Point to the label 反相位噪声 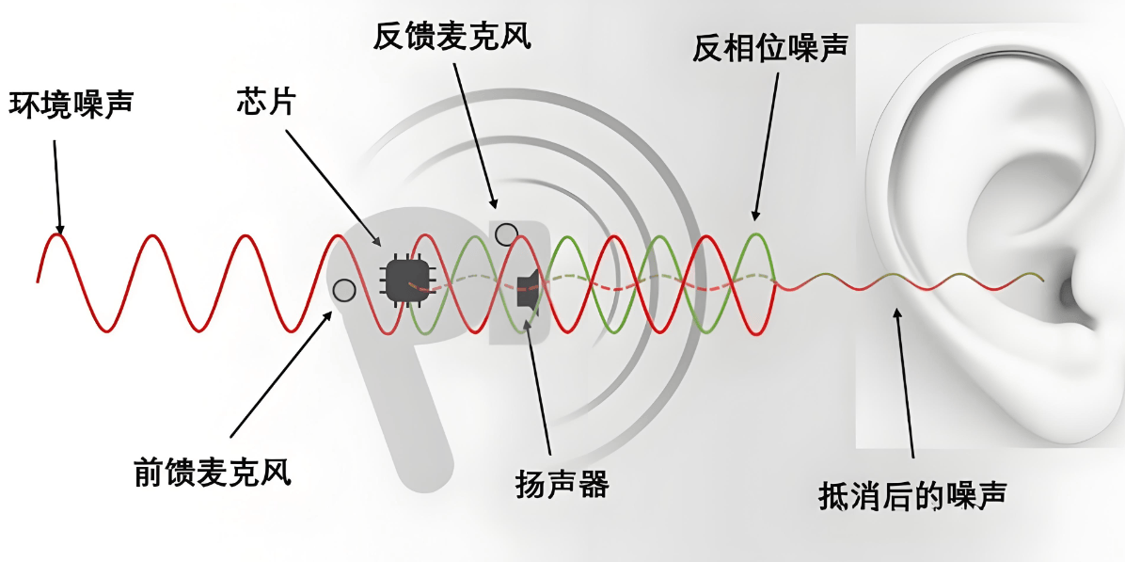770,46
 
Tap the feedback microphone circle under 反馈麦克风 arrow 506,233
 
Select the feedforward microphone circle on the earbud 344,290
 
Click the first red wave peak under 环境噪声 57,235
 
